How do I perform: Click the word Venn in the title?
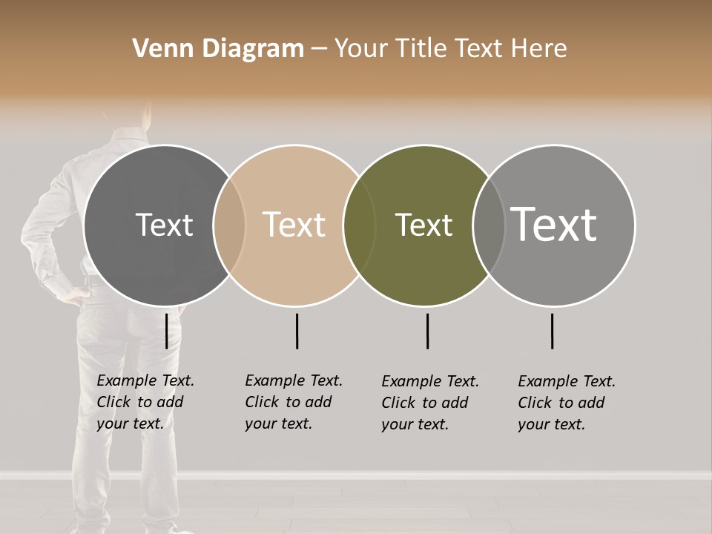click(160, 49)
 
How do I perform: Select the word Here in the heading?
click(538, 49)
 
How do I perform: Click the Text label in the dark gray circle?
click(164, 225)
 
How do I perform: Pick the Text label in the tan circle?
click(294, 225)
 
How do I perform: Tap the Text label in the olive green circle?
click(423, 225)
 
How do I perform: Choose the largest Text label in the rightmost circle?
click(553, 224)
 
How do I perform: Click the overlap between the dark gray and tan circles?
click(229, 225)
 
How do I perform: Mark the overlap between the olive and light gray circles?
click(487, 225)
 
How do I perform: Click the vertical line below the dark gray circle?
click(166, 331)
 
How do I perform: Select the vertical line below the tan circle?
click(297, 331)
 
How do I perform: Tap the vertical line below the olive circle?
click(427, 331)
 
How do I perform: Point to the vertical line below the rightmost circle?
click(552, 331)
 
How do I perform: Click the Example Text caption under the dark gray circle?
click(145, 402)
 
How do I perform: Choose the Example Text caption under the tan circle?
click(293, 402)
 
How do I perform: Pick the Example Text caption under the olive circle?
click(429, 403)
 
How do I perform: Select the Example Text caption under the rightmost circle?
click(566, 403)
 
